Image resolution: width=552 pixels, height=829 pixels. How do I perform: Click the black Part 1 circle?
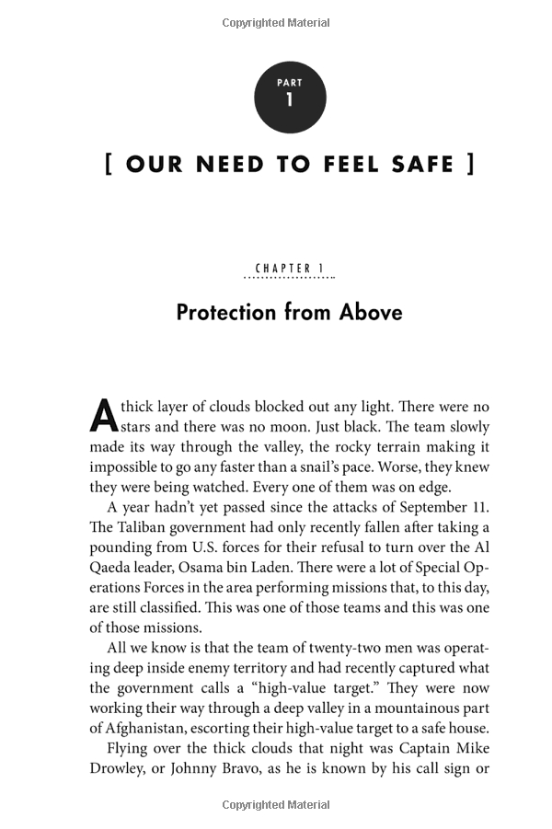click(x=290, y=98)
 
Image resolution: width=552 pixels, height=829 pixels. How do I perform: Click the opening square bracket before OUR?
click(x=109, y=165)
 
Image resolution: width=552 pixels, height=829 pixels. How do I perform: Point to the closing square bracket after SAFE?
click(x=471, y=165)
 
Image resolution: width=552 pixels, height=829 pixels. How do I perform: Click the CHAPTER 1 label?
click(x=290, y=269)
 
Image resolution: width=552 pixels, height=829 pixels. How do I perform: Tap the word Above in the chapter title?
click(x=371, y=313)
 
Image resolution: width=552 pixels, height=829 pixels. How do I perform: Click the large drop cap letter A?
click(x=102, y=416)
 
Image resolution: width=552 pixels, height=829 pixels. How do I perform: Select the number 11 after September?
click(x=479, y=508)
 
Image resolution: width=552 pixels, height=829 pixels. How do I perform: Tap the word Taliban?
click(x=144, y=528)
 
